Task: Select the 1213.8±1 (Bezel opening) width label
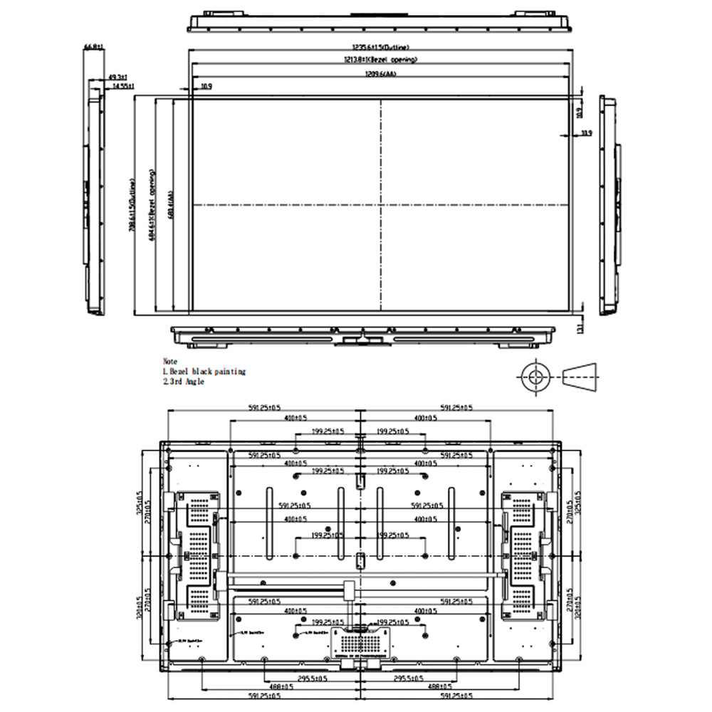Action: [x=380, y=60]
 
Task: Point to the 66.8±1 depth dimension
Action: [x=93, y=47]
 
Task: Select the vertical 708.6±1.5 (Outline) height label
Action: [x=132, y=206]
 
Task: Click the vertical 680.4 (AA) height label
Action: [x=169, y=206]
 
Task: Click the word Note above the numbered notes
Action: [x=169, y=362]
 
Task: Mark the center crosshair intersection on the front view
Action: [x=381, y=206]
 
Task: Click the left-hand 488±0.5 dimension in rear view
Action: [x=285, y=686]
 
